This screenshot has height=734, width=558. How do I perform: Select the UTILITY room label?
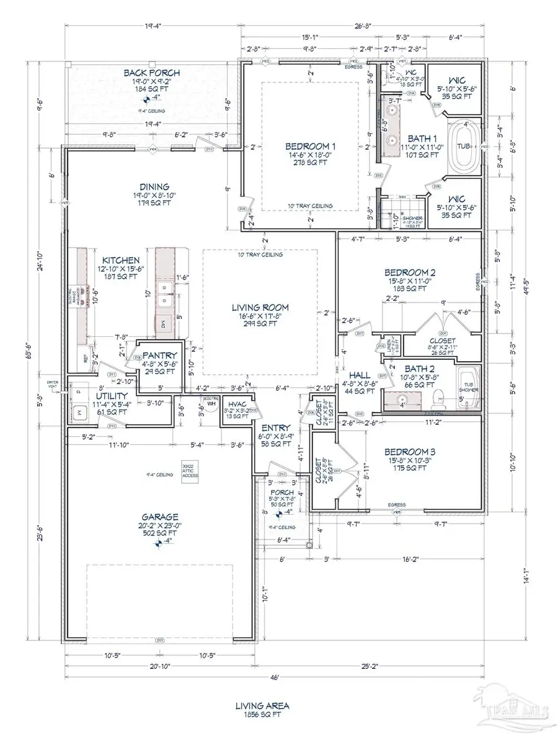tap(112, 396)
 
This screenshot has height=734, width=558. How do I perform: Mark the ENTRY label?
tap(273, 428)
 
